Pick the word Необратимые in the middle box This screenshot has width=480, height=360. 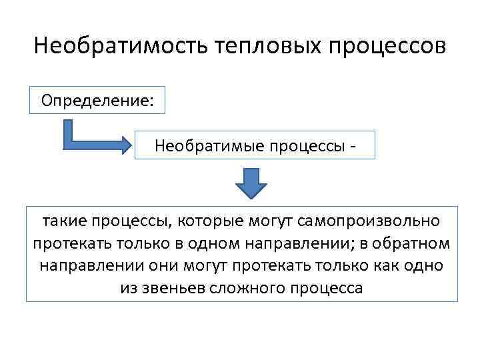click(201, 145)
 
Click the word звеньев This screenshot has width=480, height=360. click(174, 288)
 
